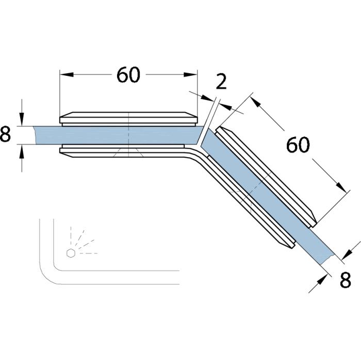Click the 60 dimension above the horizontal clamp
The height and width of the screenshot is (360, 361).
[128, 75]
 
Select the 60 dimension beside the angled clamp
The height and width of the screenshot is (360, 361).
[298, 145]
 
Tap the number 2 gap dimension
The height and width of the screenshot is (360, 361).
[221, 81]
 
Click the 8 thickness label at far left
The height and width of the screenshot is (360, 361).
[5, 134]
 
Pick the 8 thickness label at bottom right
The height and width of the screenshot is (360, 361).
[346, 280]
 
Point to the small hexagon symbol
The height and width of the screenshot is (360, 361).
[71, 253]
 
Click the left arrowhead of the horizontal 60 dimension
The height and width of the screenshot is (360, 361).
[67, 75]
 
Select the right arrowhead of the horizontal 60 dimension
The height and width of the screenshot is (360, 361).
[190, 75]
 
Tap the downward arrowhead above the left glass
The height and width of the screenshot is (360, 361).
[22, 119]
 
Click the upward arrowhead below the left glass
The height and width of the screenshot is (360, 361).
[22, 152]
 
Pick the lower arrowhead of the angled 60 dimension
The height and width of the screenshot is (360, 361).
[341, 186]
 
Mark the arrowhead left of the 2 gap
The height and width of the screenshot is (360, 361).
[207, 98]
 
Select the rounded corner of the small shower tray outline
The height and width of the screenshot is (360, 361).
[47, 276]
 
